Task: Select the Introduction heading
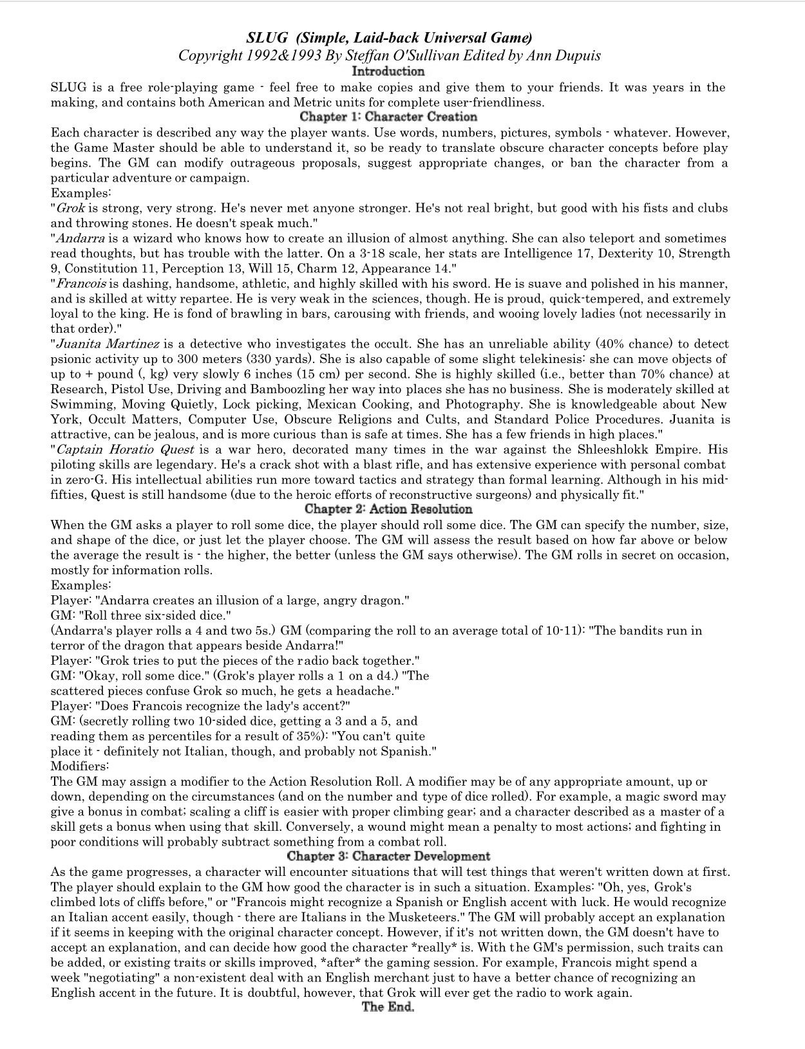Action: pyautogui.click(x=388, y=71)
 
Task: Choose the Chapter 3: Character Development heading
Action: pyautogui.click(x=388, y=856)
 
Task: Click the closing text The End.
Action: pyautogui.click(x=388, y=1007)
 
